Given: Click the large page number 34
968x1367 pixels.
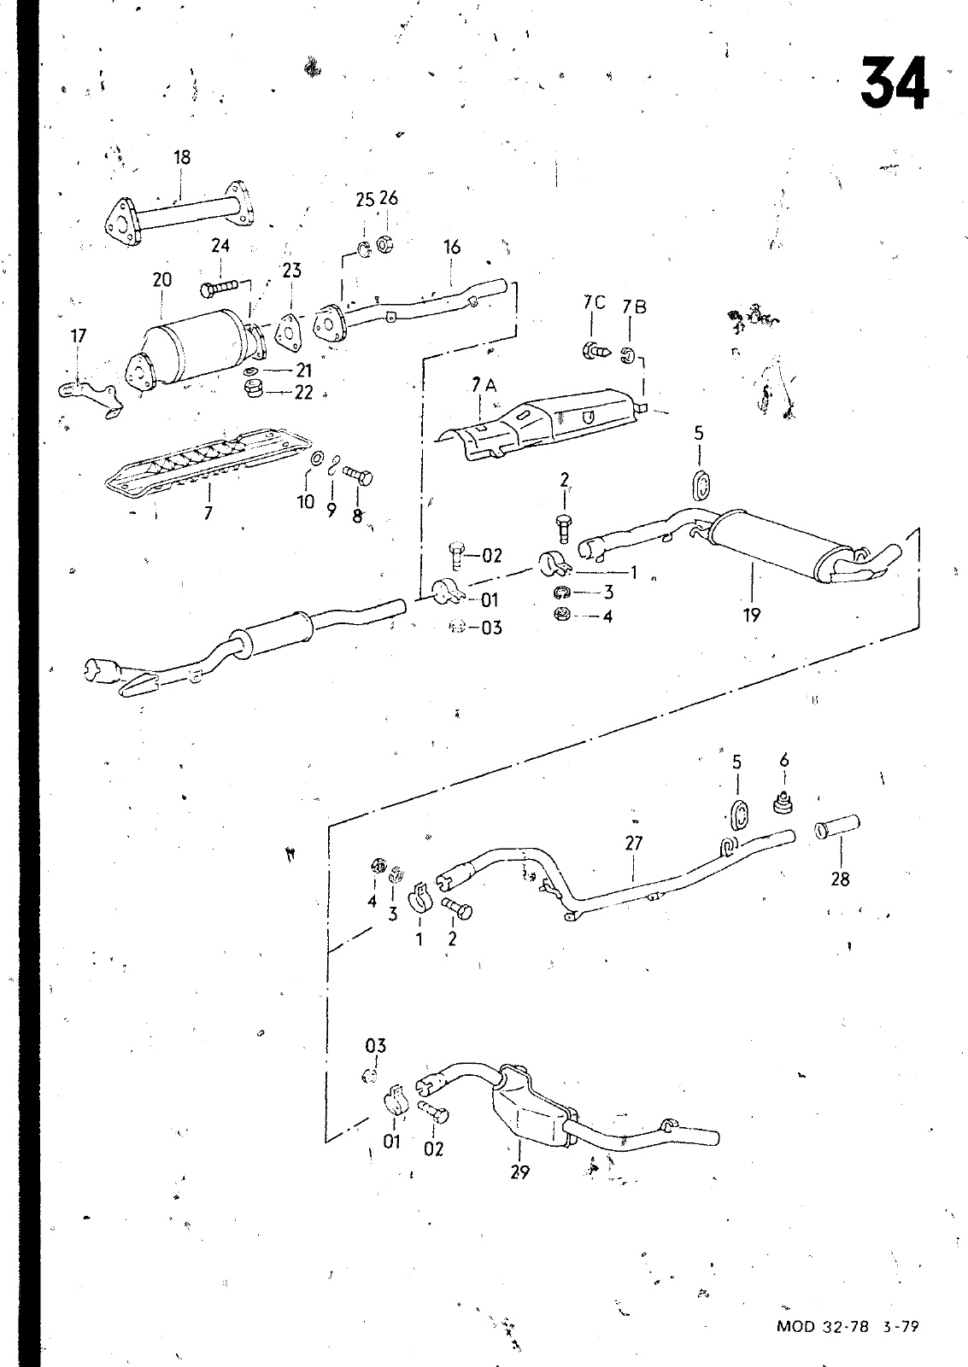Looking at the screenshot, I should (x=894, y=85).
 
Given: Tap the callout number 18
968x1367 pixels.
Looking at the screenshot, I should (x=181, y=157).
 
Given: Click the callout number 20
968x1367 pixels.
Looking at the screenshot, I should (x=162, y=279).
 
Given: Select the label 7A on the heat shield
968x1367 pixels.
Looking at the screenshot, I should (x=484, y=386).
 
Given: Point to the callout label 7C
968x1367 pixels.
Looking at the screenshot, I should (x=594, y=302).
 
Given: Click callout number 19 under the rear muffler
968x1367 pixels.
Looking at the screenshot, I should (x=751, y=614).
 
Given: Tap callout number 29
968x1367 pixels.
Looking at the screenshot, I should (x=519, y=1172).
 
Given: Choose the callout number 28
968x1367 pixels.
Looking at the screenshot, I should (x=840, y=879).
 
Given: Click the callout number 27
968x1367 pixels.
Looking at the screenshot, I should (x=633, y=844).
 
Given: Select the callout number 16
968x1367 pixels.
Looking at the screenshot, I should (x=452, y=247).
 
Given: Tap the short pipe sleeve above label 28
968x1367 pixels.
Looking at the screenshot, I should (x=837, y=827).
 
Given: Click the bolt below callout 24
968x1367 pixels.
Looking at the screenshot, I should (x=221, y=288).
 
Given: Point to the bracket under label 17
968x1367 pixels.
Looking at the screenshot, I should (x=89, y=396).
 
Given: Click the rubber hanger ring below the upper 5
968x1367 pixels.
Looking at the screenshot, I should (x=701, y=484).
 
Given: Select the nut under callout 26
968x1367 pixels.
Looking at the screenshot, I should (x=385, y=242).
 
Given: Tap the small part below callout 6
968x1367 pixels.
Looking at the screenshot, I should (x=780, y=803).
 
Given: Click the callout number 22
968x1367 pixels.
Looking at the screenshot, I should (x=303, y=393).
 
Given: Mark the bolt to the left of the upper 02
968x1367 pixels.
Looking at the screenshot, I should (x=456, y=556).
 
